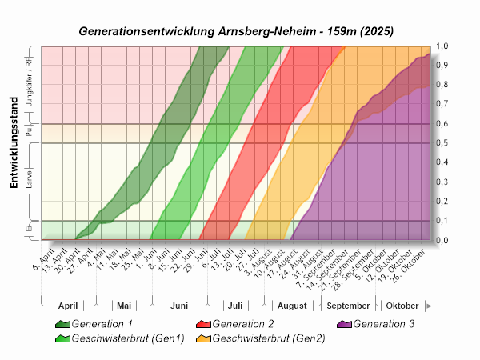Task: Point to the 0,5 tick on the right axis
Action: (x=442, y=143)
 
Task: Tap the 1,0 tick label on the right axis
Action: (x=442, y=46)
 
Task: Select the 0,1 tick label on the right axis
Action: (x=442, y=221)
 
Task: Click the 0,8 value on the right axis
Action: (x=442, y=86)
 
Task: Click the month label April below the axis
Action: (x=68, y=306)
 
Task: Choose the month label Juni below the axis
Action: (x=179, y=306)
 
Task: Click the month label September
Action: (x=349, y=306)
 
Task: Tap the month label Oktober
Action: (x=402, y=306)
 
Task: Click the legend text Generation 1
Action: (x=102, y=324)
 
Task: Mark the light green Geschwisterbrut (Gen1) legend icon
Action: (x=62, y=338)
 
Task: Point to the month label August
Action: (x=293, y=306)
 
